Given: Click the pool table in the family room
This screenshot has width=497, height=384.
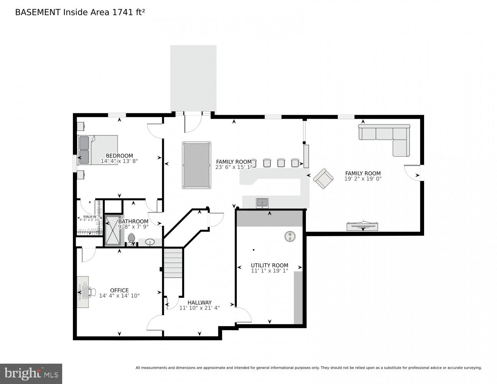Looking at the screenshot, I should pos(196,165).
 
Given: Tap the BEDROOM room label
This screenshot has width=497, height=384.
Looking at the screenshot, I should pos(119,156).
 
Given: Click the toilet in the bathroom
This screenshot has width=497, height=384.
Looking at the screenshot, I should pos(132,238).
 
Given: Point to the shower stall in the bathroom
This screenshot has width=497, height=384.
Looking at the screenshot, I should pos(112,230).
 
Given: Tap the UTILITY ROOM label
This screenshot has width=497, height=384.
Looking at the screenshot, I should pos(269,265).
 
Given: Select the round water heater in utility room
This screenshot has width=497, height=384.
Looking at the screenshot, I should pos(290,236).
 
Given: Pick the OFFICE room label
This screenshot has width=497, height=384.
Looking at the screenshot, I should pos(119,290).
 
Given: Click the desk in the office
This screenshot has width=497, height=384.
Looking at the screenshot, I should pos(83,292).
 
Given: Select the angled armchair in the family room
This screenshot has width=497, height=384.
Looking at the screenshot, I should pos(323,179).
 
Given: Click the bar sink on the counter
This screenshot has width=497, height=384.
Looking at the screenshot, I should pos(263,203).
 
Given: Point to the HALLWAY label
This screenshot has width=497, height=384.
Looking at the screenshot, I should pos(199,303).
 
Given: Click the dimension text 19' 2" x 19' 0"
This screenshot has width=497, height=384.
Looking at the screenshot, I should pos(363,179).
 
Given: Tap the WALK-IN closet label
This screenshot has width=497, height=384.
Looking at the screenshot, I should pos(89,217).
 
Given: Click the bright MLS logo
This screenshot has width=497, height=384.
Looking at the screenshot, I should pos(31,373).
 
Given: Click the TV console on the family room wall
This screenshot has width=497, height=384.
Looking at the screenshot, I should pos(362,226).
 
